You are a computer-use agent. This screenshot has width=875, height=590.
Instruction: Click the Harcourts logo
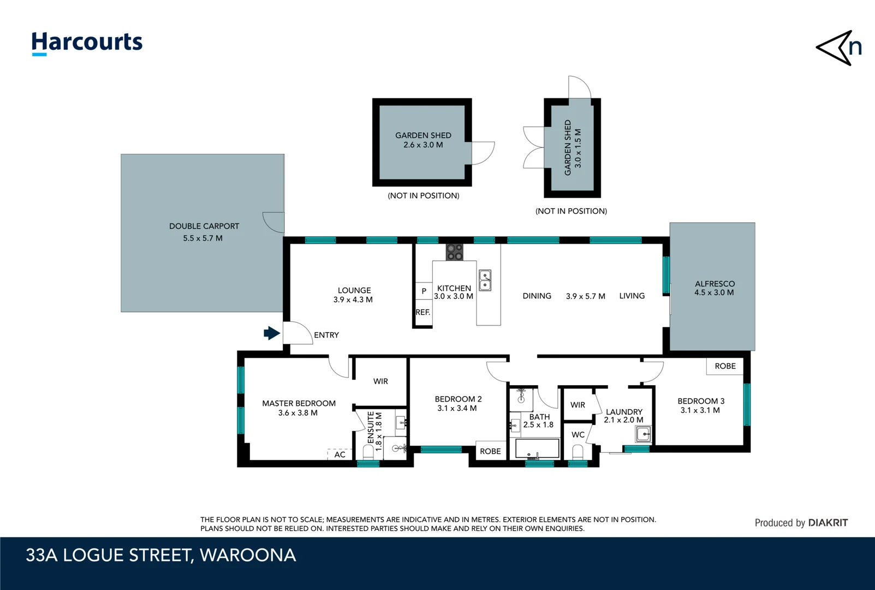tap(87, 43)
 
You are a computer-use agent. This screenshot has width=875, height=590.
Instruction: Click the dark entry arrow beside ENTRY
tap(271, 333)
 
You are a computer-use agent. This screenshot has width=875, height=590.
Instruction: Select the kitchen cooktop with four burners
tap(454, 252)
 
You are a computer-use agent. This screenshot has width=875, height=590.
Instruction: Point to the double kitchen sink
tap(485, 280)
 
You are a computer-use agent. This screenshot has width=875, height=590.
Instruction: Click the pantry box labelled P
tap(424, 291)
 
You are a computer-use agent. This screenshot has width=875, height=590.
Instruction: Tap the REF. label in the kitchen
tap(422, 312)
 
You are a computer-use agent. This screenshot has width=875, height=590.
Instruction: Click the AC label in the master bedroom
tap(340, 455)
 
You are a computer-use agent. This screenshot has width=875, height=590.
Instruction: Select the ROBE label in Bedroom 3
tap(725, 366)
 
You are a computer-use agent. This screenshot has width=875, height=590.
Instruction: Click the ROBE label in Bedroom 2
tap(490, 451)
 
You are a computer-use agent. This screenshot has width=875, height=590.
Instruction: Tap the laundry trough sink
tap(643, 435)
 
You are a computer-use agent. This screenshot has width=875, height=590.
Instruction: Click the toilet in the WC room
tap(578, 452)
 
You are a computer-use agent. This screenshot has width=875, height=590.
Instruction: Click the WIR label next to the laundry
tap(578, 405)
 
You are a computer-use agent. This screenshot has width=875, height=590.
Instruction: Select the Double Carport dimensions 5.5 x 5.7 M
tap(203, 238)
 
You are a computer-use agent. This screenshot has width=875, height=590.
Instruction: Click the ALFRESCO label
tap(715, 284)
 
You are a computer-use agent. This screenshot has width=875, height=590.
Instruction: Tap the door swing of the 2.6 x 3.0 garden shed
tap(483, 152)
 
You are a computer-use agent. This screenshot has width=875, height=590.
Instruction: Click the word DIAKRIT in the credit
tap(828, 523)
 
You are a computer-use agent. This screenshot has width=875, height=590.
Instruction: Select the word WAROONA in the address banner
tap(248, 555)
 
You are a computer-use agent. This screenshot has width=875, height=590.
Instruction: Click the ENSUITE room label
tap(371, 428)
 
